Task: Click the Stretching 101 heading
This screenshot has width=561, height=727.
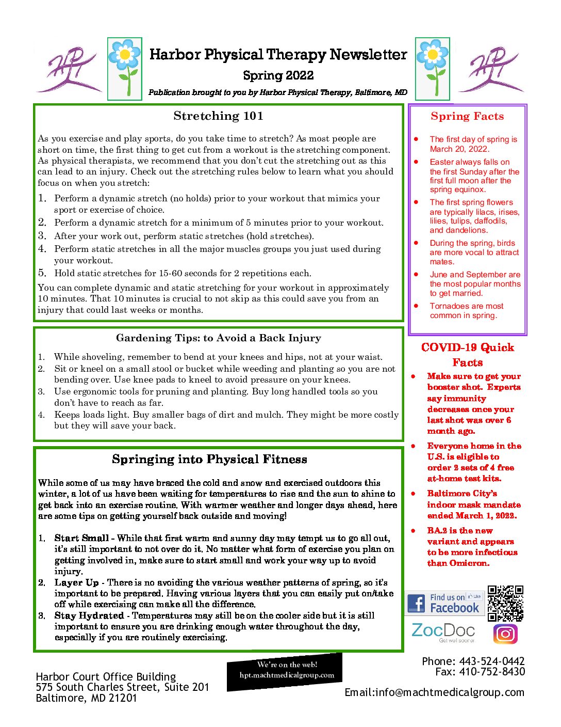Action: [218, 116]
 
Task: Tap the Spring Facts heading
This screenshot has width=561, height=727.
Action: [467, 117]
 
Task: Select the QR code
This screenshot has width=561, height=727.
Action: [505, 603]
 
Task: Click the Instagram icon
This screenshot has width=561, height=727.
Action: [505, 634]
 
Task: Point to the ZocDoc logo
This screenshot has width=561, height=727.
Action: [443, 631]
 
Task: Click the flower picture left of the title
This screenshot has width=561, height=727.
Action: [125, 69]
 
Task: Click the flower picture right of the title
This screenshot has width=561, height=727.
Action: [433, 69]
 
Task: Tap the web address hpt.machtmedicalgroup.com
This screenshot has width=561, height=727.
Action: [287, 675]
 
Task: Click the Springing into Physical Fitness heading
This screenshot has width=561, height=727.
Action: [209, 460]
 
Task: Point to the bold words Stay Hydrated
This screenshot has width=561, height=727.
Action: [89, 615]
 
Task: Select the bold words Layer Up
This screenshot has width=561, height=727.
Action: [76, 582]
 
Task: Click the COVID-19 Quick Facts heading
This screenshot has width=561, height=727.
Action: [468, 355]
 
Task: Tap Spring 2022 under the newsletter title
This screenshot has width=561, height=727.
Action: [278, 75]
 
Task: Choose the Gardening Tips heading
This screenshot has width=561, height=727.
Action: [218, 338]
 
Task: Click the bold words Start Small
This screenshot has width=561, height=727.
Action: [81, 538]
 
